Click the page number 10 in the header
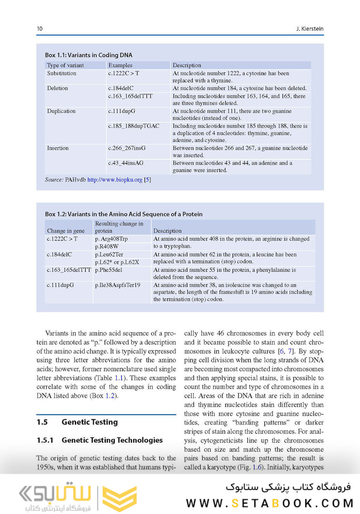point(39,29)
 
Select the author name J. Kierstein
point(309,29)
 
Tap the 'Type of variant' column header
point(65,65)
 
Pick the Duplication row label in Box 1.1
point(61,111)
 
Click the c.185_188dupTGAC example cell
point(134,126)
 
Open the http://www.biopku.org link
point(115,180)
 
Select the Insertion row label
point(58,148)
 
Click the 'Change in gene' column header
point(66,230)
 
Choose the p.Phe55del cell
point(109,270)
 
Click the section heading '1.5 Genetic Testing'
point(77,422)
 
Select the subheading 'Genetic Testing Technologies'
point(112,440)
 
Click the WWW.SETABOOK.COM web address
point(270,503)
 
